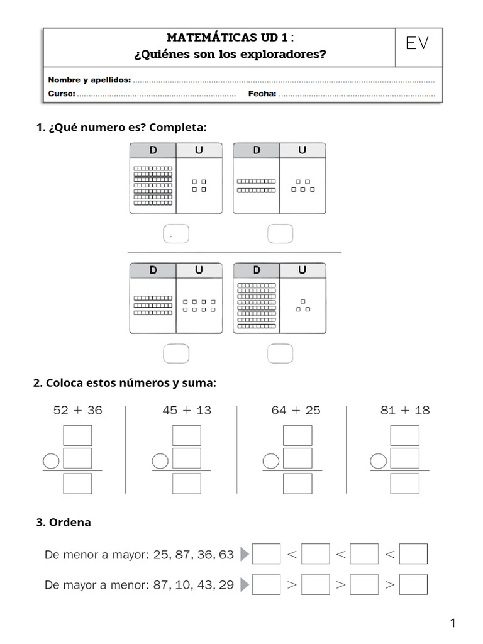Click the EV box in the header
point(418,44)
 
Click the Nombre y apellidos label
point(89,80)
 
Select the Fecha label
point(262,94)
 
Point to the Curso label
point(62,94)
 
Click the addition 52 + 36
point(77,410)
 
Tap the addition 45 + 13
point(187,410)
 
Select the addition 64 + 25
point(296,410)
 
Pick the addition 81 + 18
point(405,410)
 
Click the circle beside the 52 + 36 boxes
point(52,462)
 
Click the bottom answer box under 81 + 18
point(404,483)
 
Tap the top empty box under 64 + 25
point(297,435)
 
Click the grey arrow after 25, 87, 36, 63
point(245,554)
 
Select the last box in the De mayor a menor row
point(413,584)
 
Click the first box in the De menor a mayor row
point(266,554)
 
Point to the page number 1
point(452,623)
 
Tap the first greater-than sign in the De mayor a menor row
point(291,585)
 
